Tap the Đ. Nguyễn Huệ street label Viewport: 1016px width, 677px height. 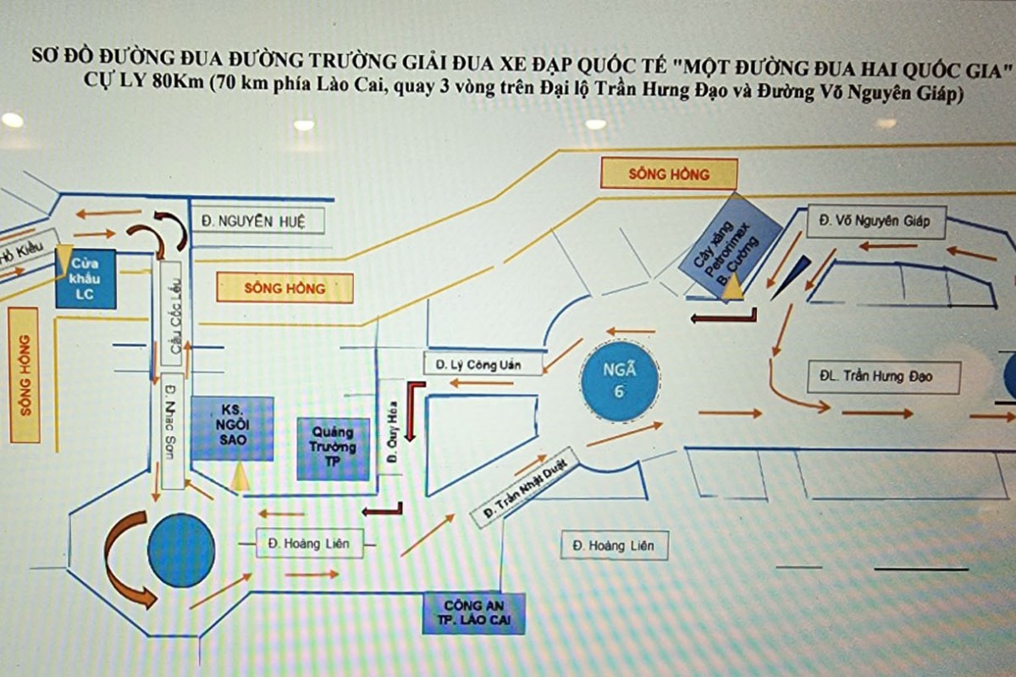[x=251, y=222]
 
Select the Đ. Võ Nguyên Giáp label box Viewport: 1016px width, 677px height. [x=875, y=222]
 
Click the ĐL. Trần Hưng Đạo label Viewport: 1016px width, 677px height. [x=883, y=376]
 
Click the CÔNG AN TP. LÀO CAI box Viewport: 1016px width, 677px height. [x=474, y=614]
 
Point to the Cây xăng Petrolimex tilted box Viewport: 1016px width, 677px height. [x=729, y=246]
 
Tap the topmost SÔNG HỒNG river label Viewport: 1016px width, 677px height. [x=668, y=174]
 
